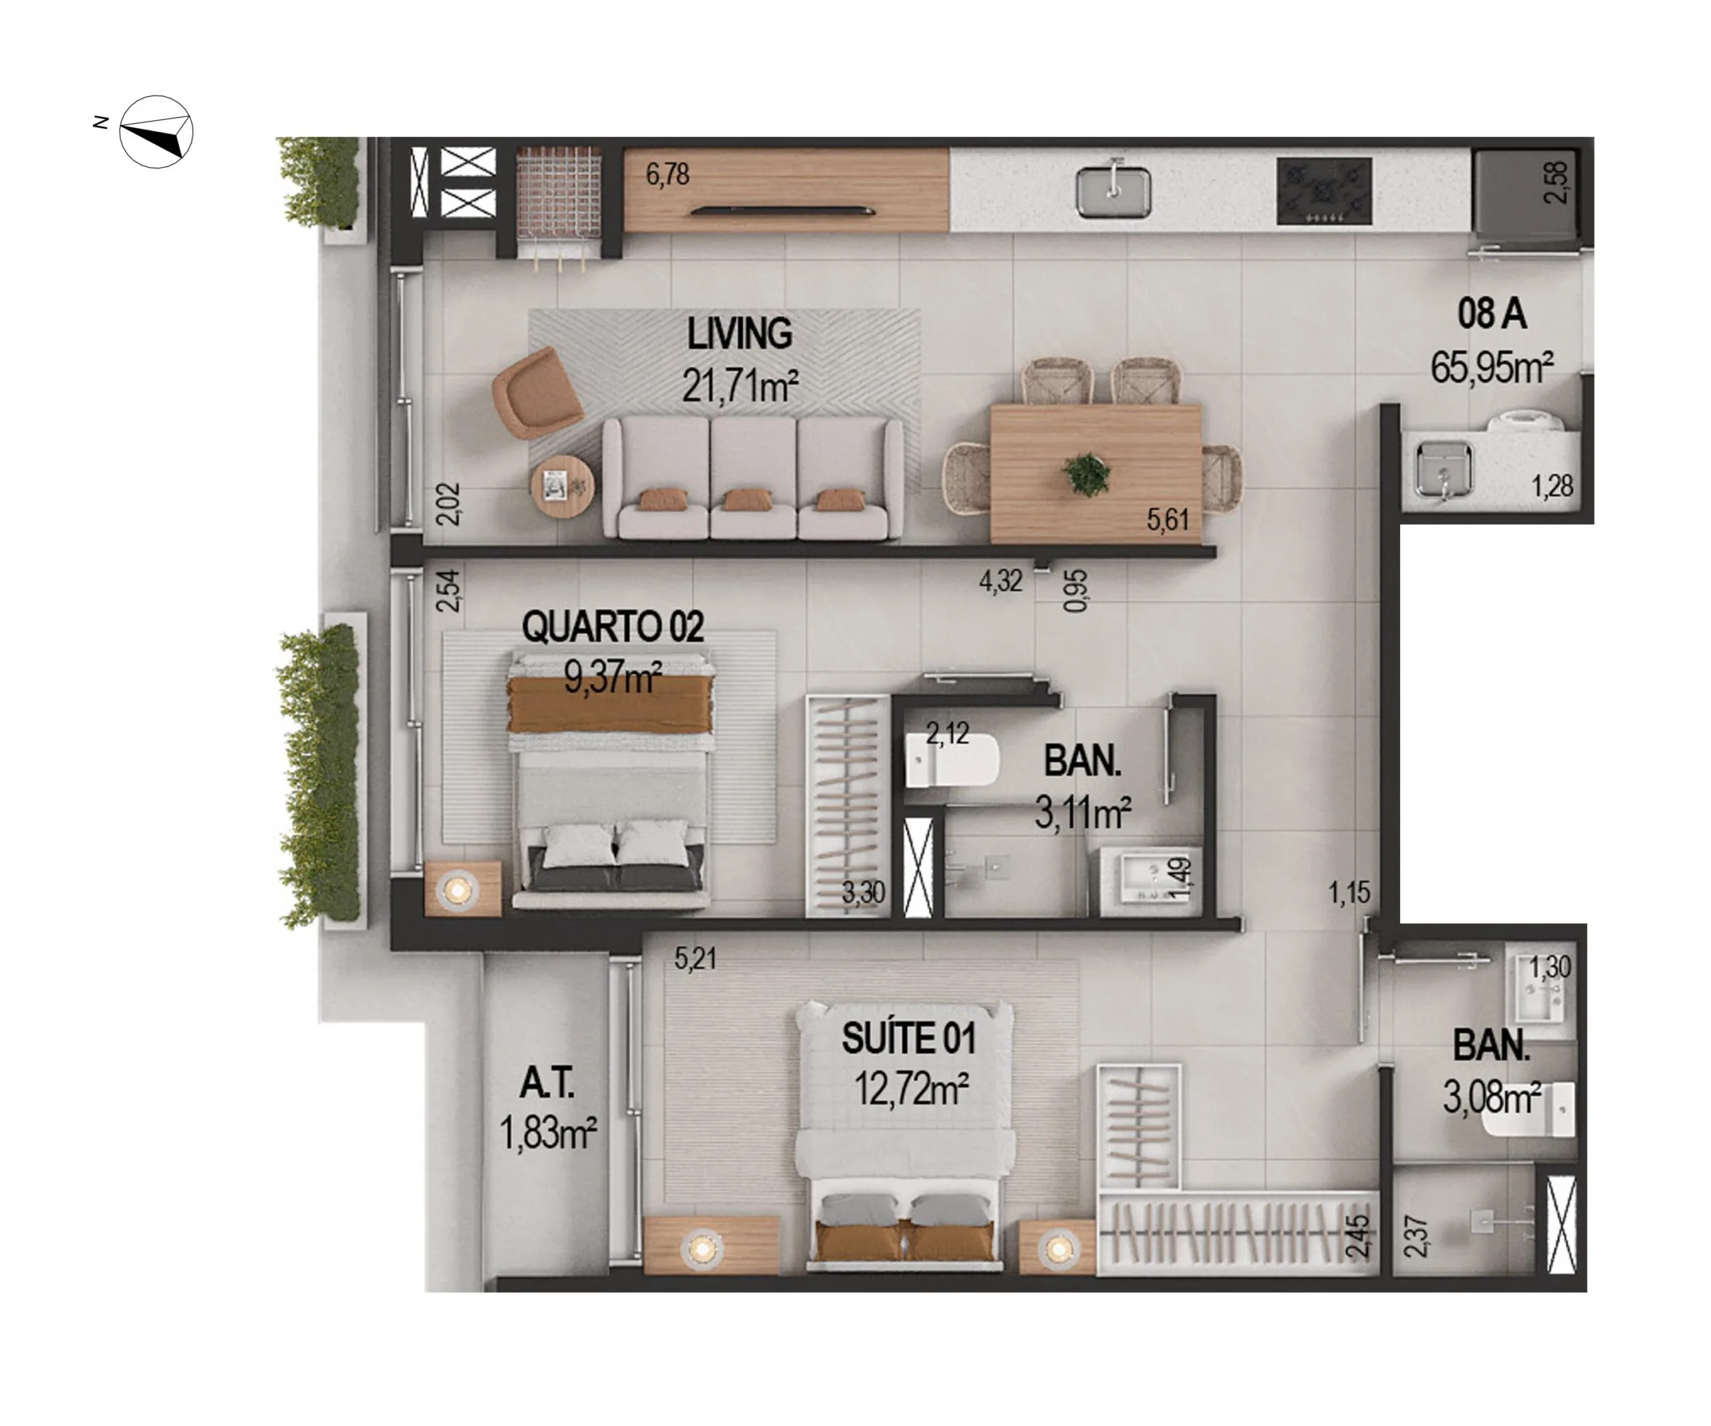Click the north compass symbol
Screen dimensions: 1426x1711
[x=156, y=132]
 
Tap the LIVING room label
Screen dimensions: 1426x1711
[x=739, y=334]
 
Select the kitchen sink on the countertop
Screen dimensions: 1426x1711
[x=1113, y=193]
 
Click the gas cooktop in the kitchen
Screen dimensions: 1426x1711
[x=1324, y=191]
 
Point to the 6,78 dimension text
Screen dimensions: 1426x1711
[x=667, y=174]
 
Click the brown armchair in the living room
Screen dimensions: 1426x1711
[x=536, y=392]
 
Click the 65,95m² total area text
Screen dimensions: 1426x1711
[x=1491, y=368]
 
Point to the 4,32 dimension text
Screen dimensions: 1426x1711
[x=1000, y=581]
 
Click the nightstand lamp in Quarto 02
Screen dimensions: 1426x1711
[x=458, y=889]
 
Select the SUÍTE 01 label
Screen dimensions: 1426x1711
[x=908, y=1038]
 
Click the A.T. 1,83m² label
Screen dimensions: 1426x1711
[x=547, y=1108]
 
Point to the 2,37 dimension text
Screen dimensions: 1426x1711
[x=1416, y=1236]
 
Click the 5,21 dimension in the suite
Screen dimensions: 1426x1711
[x=695, y=958]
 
